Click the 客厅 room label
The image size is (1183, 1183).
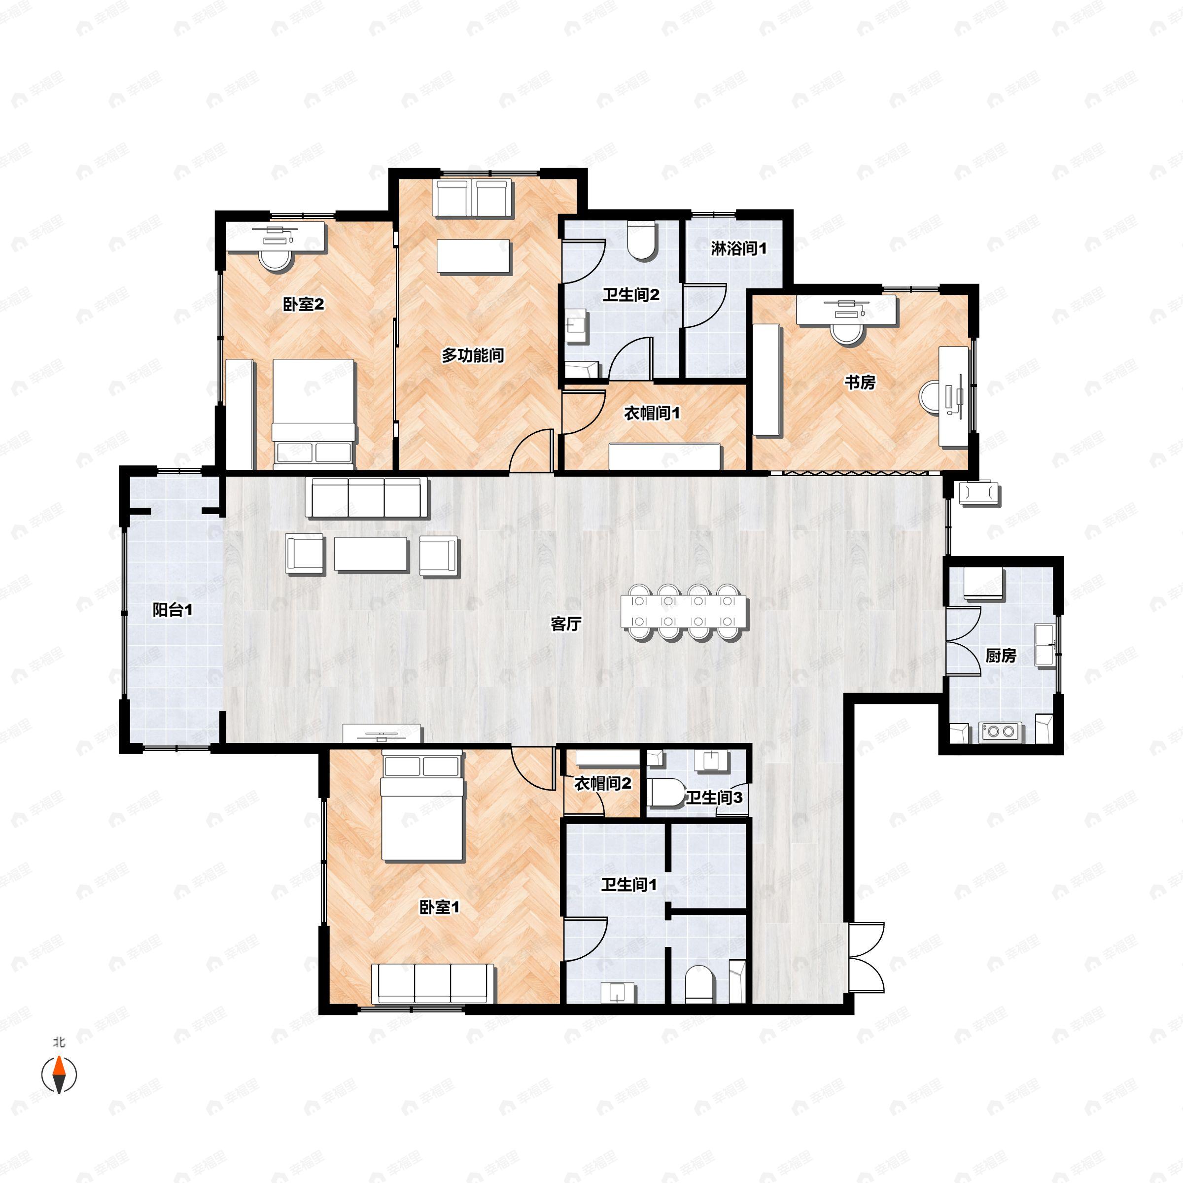pyautogui.click(x=565, y=624)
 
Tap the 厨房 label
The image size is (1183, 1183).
pyautogui.click(x=1001, y=656)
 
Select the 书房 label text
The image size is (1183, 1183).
pyautogui.click(x=860, y=383)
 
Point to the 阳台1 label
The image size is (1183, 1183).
pyautogui.click(x=172, y=610)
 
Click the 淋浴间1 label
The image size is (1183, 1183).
pyautogui.click(x=738, y=248)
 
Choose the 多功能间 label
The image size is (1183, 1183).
pyautogui.click(x=473, y=355)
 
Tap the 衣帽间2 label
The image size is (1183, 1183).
pyautogui.click(x=602, y=783)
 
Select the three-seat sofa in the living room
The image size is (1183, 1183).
pyautogui.click(x=367, y=498)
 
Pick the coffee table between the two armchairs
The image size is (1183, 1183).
pyautogui.click(x=371, y=554)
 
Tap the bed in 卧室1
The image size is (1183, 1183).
pyautogui.click(x=422, y=807)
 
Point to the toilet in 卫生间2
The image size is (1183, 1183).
pyautogui.click(x=642, y=241)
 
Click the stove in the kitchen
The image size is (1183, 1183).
pyautogui.click(x=1000, y=731)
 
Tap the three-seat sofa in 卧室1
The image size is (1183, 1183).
pyautogui.click(x=433, y=983)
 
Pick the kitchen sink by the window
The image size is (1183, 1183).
pyautogui.click(x=1044, y=645)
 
